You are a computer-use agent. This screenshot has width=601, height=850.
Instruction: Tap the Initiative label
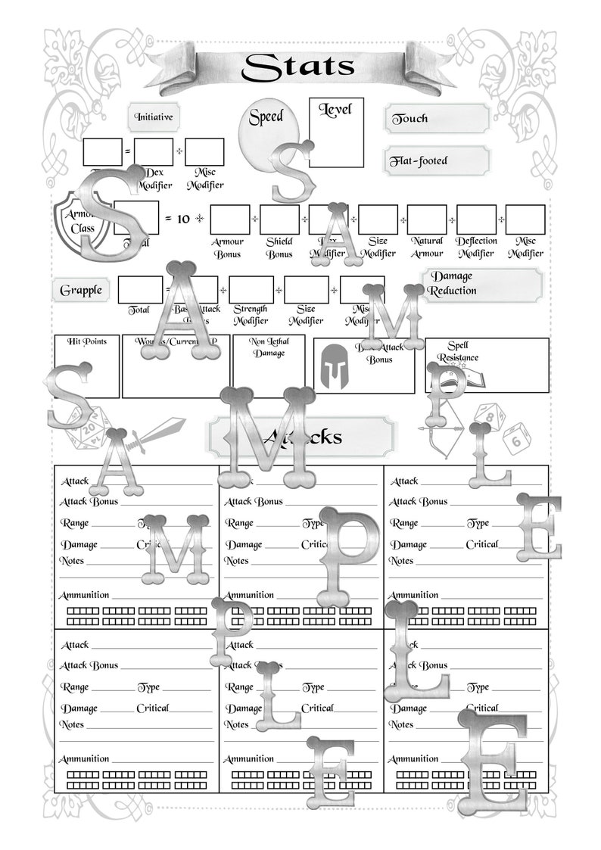pos(154,117)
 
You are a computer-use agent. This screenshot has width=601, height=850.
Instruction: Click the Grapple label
pos(81,291)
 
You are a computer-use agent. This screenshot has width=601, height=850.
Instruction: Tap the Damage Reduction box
pos(482,284)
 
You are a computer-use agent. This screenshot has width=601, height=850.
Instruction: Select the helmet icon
pos(331,365)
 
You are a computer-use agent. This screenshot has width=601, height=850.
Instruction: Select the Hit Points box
pos(87,367)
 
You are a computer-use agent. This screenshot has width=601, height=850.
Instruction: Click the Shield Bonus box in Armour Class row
pos(279,220)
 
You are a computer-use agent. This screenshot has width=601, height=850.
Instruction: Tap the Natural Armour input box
pos(427,220)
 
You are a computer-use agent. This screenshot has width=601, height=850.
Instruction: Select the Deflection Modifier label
pos(475,248)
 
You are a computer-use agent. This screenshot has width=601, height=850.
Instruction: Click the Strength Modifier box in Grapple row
pos(251,291)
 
